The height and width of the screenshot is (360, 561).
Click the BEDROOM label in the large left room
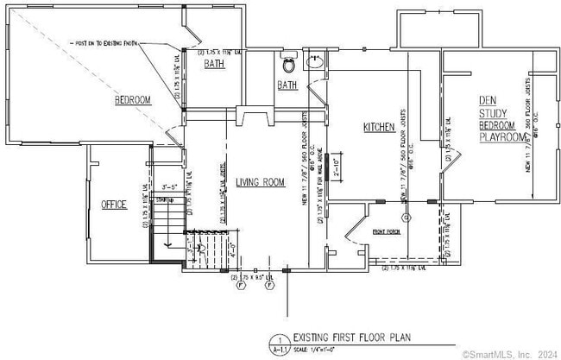(133, 100)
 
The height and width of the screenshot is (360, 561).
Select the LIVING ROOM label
(261, 181)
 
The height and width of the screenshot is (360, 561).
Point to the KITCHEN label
(379, 127)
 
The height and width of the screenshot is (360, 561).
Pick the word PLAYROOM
(502, 137)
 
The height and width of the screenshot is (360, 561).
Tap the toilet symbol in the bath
(288, 63)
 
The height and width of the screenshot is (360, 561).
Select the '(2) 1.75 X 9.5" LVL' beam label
(256, 277)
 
